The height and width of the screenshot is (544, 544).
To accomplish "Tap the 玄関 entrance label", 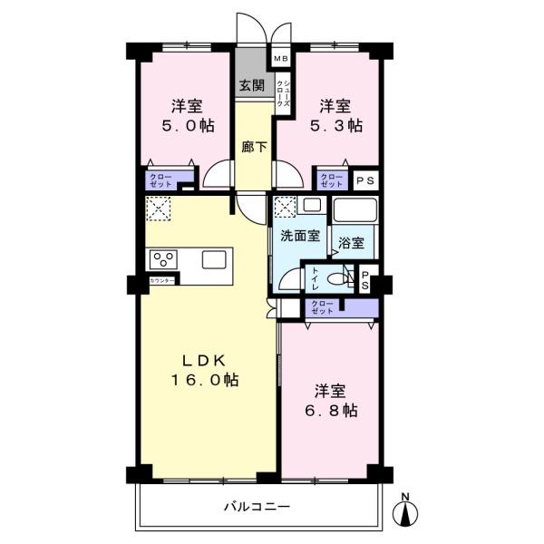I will pos(251,86).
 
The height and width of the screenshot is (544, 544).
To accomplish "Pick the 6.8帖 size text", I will pos(329,411).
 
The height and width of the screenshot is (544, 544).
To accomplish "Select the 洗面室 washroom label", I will pos(299,236).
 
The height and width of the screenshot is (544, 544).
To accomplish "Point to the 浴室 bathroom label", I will pos(351,243).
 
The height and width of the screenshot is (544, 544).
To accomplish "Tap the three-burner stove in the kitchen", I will pos(165,258).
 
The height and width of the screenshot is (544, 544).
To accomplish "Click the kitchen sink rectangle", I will pos(215,259).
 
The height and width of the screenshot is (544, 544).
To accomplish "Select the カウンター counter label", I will pos(162,282).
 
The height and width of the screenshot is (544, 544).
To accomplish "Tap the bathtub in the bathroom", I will pos(354,210).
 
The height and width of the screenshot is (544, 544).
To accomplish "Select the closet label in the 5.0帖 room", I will pos(160,180).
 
